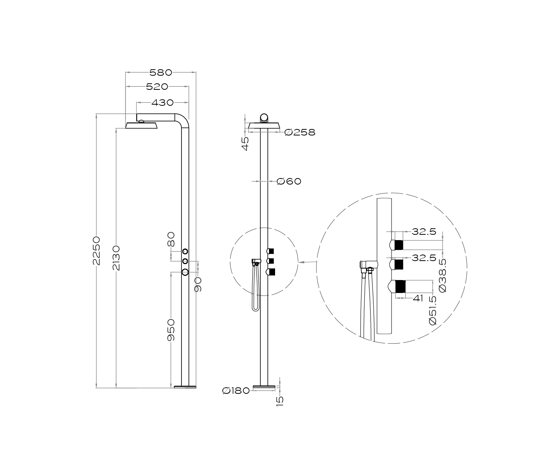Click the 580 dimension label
pyautogui.click(x=161, y=73)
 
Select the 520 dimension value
pyautogui.click(x=157, y=87)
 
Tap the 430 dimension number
pyautogui.click(x=162, y=103)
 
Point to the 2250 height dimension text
pyautogui.click(x=96, y=251)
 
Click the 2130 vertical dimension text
pyautogui.click(x=116, y=258)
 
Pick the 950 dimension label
pyautogui.click(x=171, y=330)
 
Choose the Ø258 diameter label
pyautogui.click(x=300, y=132)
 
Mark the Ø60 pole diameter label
pyautogui.click(x=289, y=181)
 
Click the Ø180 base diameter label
pyautogui.click(x=236, y=391)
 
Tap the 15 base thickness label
pyautogui.click(x=280, y=401)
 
